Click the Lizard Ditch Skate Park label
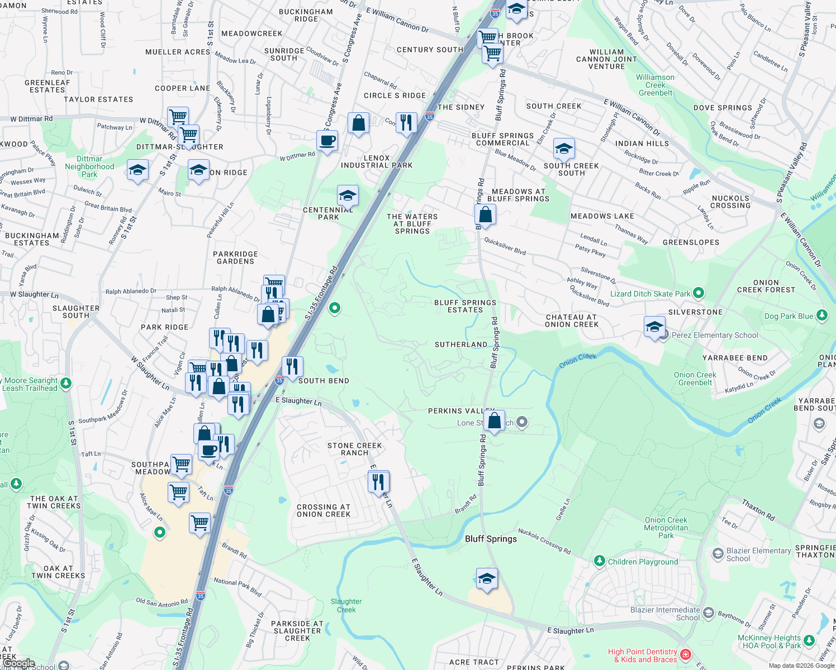coord(650,294)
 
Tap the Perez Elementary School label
coord(715,335)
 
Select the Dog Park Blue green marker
coord(821,315)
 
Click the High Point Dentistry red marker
coord(686,654)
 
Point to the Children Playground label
coord(643,562)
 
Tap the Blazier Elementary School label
coord(758,554)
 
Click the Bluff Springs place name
coord(491,539)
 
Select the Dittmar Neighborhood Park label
coord(89,166)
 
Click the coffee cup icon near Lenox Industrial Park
coord(327,140)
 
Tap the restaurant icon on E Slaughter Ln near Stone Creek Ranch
coord(378,481)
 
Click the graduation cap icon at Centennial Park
coord(348,195)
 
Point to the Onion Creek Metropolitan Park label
coord(666,528)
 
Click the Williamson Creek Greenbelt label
coord(655,85)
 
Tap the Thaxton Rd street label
coord(758,510)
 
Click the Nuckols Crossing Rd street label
coord(544,541)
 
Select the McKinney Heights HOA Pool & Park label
coord(769,642)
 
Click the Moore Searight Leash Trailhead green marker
coord(66,383)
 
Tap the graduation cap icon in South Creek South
coord(564,149)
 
